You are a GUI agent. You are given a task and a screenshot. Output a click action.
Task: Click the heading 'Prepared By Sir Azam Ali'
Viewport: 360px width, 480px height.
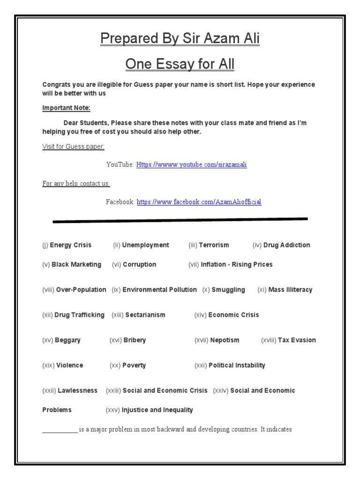point(180,39)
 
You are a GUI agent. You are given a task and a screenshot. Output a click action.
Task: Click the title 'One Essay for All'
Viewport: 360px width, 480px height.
point(180,64)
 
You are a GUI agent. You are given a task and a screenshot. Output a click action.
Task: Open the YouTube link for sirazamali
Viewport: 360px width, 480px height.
point(191,165)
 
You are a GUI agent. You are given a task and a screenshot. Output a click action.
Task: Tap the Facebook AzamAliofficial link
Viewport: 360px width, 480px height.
point(199,202)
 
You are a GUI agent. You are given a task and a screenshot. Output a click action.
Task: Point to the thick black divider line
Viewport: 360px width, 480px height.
point(180,220)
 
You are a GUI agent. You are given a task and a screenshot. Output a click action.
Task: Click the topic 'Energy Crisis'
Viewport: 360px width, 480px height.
point(71,245)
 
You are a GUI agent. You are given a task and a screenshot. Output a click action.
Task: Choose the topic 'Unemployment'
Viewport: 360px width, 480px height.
point(146,245)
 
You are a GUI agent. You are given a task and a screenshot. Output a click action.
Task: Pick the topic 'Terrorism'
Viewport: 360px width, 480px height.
point(214,245)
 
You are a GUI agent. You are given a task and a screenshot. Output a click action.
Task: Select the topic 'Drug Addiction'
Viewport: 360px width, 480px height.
point(286,245)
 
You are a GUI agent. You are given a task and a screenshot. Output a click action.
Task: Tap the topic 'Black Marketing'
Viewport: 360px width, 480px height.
point(76,264)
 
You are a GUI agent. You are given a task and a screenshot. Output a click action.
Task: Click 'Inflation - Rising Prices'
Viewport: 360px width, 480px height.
point(236,264)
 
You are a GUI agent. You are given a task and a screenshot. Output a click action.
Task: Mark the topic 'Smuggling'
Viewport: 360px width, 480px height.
point(228,290)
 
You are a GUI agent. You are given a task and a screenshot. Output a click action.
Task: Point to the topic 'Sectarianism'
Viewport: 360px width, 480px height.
point(145,315)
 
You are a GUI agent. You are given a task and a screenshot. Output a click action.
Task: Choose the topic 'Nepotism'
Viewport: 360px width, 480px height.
point(225,340)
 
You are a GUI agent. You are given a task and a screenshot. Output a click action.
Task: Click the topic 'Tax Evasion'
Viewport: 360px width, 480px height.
point(297,340)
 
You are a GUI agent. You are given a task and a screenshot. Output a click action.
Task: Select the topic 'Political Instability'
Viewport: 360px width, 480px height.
point(237,365)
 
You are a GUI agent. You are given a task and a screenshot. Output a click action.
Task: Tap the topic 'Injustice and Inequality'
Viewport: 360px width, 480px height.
point(157,410)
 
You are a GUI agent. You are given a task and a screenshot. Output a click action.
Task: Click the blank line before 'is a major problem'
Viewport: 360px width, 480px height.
point(60,429)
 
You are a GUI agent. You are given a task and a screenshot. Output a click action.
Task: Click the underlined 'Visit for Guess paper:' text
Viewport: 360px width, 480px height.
point(73,147)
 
